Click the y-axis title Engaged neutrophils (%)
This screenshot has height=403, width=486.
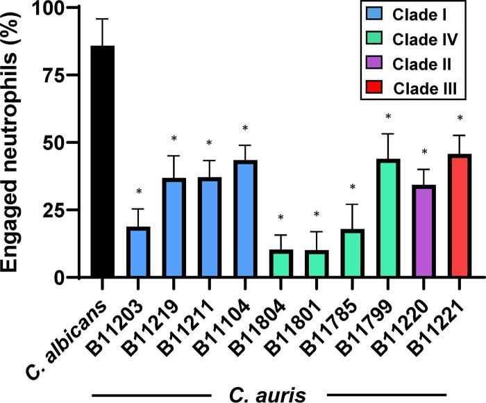(15, 142)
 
